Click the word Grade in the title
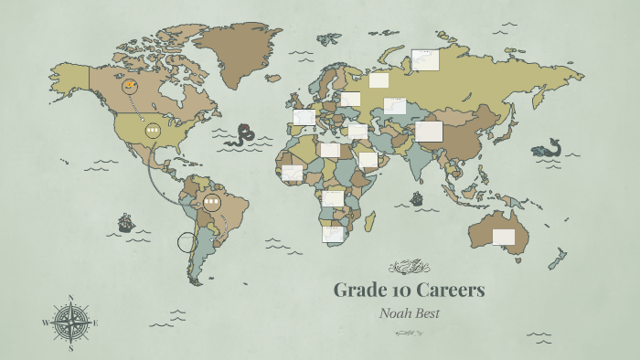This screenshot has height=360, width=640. pyautogui.click(x=355, y=291)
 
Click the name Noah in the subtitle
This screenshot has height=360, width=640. pyautogui.click(x=397, y=313)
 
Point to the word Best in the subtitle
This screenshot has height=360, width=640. pyautogui.click(x=426, y=313)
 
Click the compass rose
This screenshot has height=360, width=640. pyautogui.click(x=70, y=322)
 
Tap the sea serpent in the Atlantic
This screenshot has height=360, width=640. pyautogui.click(x=243, y=135)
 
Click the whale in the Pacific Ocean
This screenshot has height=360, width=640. pyautogui.click(x=548, y=148)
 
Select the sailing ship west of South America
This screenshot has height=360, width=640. pyautogui.click(x=125, y=221)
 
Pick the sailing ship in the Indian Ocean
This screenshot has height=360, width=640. pyautogui.click(x=417, y=198)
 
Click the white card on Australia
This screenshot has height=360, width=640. pyautogui.click(x=504, y=237)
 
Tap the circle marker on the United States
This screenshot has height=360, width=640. pyautogui.click(x=153, y=131)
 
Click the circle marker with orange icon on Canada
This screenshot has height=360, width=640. pyautogui.click(x=132, y=87)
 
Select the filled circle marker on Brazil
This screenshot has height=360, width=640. pyautogui.click(x=212, y=202)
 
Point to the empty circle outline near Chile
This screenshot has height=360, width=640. pyautogui.click(x=187, y=242)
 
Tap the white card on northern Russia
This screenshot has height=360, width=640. pyautogui.click(x=425, y=60)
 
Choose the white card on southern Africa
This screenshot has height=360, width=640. pyautogui.click(x=333, y=234)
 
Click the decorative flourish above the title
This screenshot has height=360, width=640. pyautogui.click(x=409, y=267)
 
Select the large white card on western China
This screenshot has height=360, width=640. pyautogui.click(x=429, y=132)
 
